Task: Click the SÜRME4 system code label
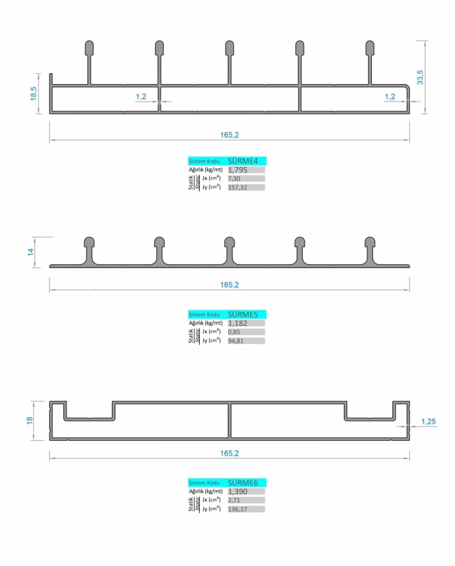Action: [243, 161]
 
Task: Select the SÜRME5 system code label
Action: [243, 314]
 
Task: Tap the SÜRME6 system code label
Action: [243, 483]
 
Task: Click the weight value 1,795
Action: [238, 170]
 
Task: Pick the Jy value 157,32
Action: [237, 187]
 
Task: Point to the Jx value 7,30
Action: [234, 179]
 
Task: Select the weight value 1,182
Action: [238, 323]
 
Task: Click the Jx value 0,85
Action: [234, 332]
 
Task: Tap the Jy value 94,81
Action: [236, 341]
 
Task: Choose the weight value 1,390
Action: [238, 492]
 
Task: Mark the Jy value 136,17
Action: [237, 509]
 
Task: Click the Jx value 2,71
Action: [234, 501]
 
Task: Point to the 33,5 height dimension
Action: [420, 77]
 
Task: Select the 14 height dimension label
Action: [31, 252]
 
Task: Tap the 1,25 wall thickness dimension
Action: [428, 421]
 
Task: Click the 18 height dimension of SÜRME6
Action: [30, 420]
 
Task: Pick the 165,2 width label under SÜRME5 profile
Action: [229, 285]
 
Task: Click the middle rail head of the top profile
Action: [229, 47]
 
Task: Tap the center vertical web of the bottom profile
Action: [230, 421]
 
